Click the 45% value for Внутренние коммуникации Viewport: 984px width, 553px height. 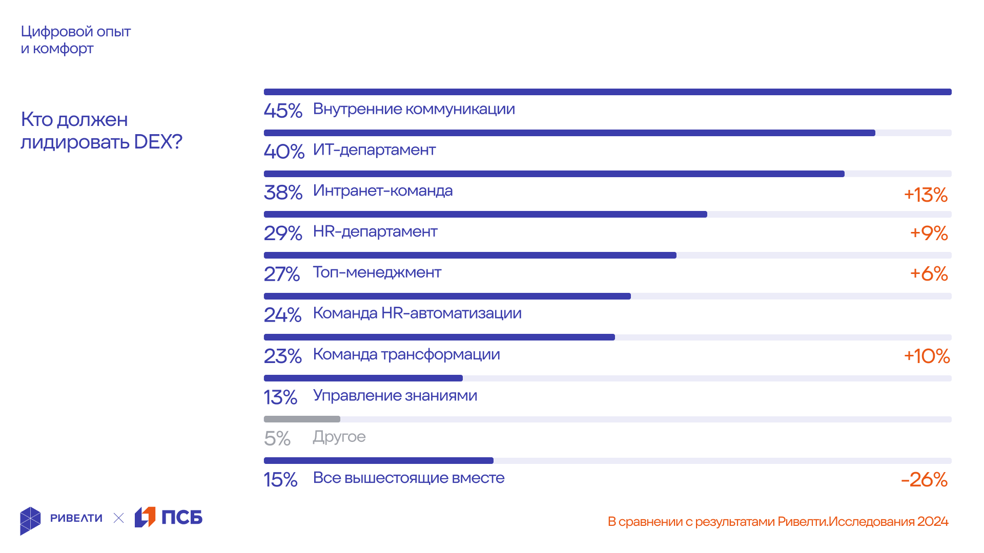click(283, 111)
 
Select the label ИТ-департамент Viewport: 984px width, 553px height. click(374, 150)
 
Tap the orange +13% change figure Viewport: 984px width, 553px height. click(926, 195)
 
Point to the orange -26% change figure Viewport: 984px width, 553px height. click(924, 480)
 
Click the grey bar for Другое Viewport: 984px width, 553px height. click(302, 419)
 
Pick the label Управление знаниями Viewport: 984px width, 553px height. click(395, 395)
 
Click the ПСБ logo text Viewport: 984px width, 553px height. click(182, 518)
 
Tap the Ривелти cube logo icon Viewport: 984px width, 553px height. click(30, 521)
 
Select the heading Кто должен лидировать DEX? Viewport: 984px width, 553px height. click(101, 131)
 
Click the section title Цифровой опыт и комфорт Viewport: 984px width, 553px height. click(76, 40)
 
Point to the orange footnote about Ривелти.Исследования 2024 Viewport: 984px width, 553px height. click(777, 522)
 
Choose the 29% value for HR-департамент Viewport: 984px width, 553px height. click(283, 233)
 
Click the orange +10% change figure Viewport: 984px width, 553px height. click(927, 356)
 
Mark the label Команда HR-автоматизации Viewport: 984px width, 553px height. click(417, 313)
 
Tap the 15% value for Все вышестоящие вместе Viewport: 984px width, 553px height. click(280, 480)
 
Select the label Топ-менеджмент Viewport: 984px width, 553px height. click(377, 272)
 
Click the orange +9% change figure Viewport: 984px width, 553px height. click(929, 233)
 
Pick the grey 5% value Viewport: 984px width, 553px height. click(277, 439)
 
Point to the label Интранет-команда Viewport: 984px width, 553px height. click(383, 191)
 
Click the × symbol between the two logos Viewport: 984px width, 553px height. click(118, 518)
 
